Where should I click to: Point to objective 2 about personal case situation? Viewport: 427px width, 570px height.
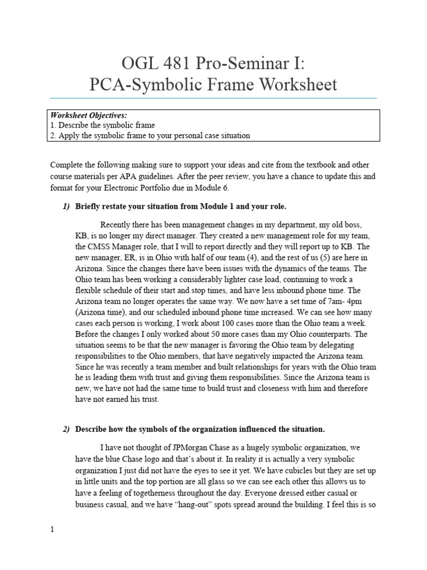coord(150,135)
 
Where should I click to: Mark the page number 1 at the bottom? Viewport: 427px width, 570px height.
coord(52,529)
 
